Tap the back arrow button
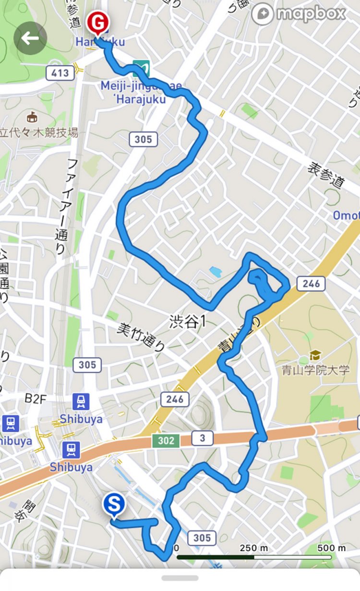click(x=30, y=38)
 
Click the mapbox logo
click(x=300, y=14)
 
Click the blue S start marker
click(x=114, y=506)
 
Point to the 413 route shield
click(x=60, y=73)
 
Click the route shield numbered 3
click(x=202, y=437)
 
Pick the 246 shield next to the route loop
click(x=311, y=284)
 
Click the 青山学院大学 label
click(x=316, y=370)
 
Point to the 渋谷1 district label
click(x=187, y=322)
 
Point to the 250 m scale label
click(x=254, y=548)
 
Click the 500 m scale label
click(x=331, y=548)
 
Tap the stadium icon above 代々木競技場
click(x=33, y=116)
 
